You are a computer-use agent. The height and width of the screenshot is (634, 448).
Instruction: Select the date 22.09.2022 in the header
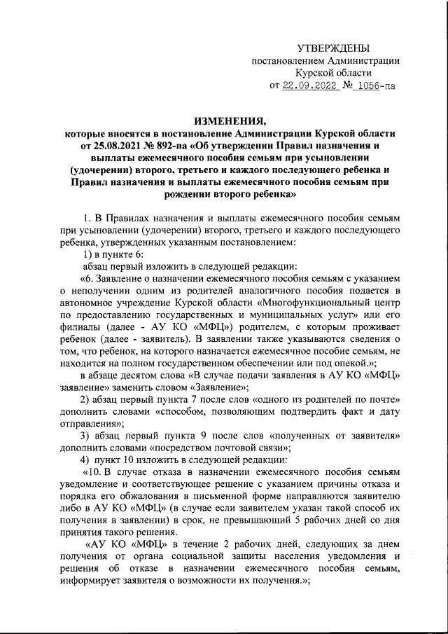point(310,85)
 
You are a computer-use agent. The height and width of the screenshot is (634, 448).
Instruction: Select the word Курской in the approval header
point(315,73)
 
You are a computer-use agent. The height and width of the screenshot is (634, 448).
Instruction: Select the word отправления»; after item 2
point(92,423)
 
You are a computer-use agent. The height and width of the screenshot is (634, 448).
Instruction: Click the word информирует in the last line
point(91,586)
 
